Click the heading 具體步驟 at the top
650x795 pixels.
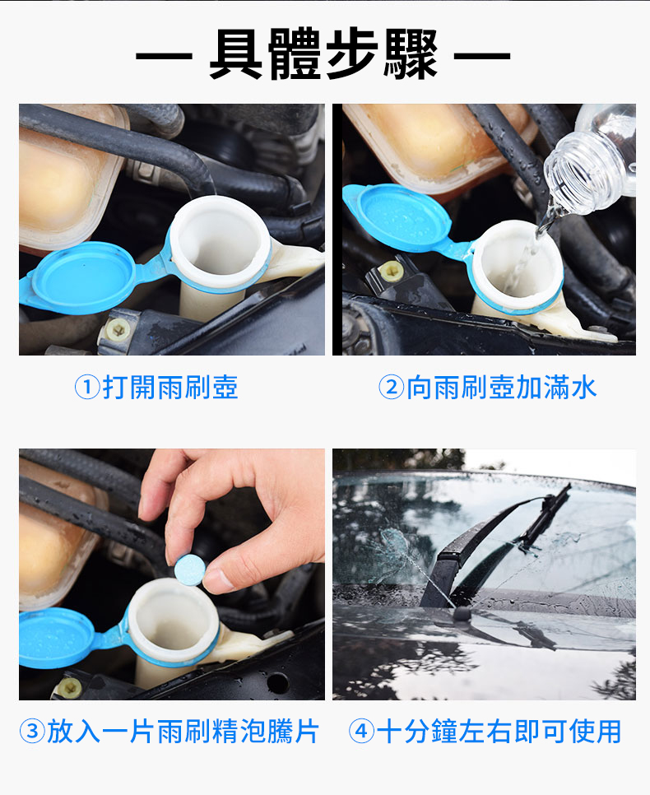323,53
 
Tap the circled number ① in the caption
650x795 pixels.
87,388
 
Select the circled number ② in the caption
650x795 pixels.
392,388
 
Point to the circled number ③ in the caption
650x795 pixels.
32,732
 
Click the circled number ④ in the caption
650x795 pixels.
361,732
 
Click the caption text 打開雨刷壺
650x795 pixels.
170,388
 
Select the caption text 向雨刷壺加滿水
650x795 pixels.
502,388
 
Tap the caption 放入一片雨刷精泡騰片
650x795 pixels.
183,732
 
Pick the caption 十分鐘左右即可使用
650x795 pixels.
499,732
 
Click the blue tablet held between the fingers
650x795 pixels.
189,570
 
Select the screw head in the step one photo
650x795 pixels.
118,330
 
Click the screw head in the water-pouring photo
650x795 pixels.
392,272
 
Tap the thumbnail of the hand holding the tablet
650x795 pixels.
172,574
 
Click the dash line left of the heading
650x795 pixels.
164,55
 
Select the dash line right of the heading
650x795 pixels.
481,55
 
